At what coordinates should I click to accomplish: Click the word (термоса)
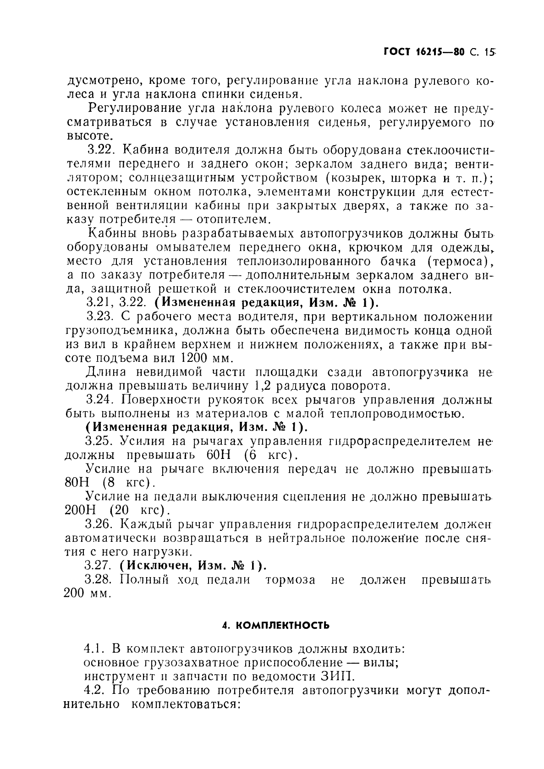click(461, 262)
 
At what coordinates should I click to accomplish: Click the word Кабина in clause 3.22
click(147, 151)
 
